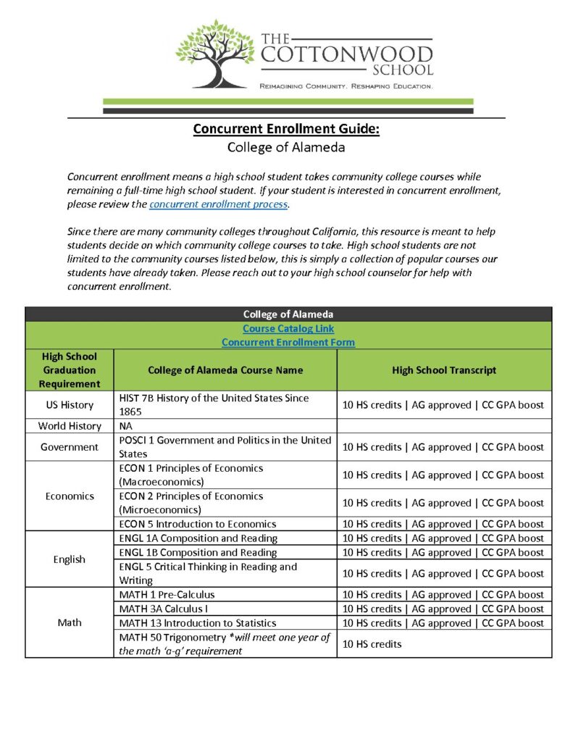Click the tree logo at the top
pyautogui.click(x=214, y=54)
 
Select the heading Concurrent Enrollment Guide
pyautogui.click(x=286, y=130)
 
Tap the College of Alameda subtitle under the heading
pyautogui.click(x=286, y=148)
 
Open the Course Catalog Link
pyautogui.click(x=288, y=328)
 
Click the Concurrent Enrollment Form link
pyautogui.click(x=288, y=342)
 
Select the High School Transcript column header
pyautogui.click(x=444, y=370)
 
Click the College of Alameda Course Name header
pyautogui.click(x=225, y=370)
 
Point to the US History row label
pyautogui.click(x=70, y=404)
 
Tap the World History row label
pyautogui.click(x=70, y=426)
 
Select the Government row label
pyautogui.click(x=70, y=447)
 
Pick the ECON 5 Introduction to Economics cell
pyautogui.click(x=198, y=524)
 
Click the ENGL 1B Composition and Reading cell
pyautogui.click(x=198, y=552)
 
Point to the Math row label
pyautogui.click(x=70, y=622)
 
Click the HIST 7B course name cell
pyautogui.click(x=214, y=404)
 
